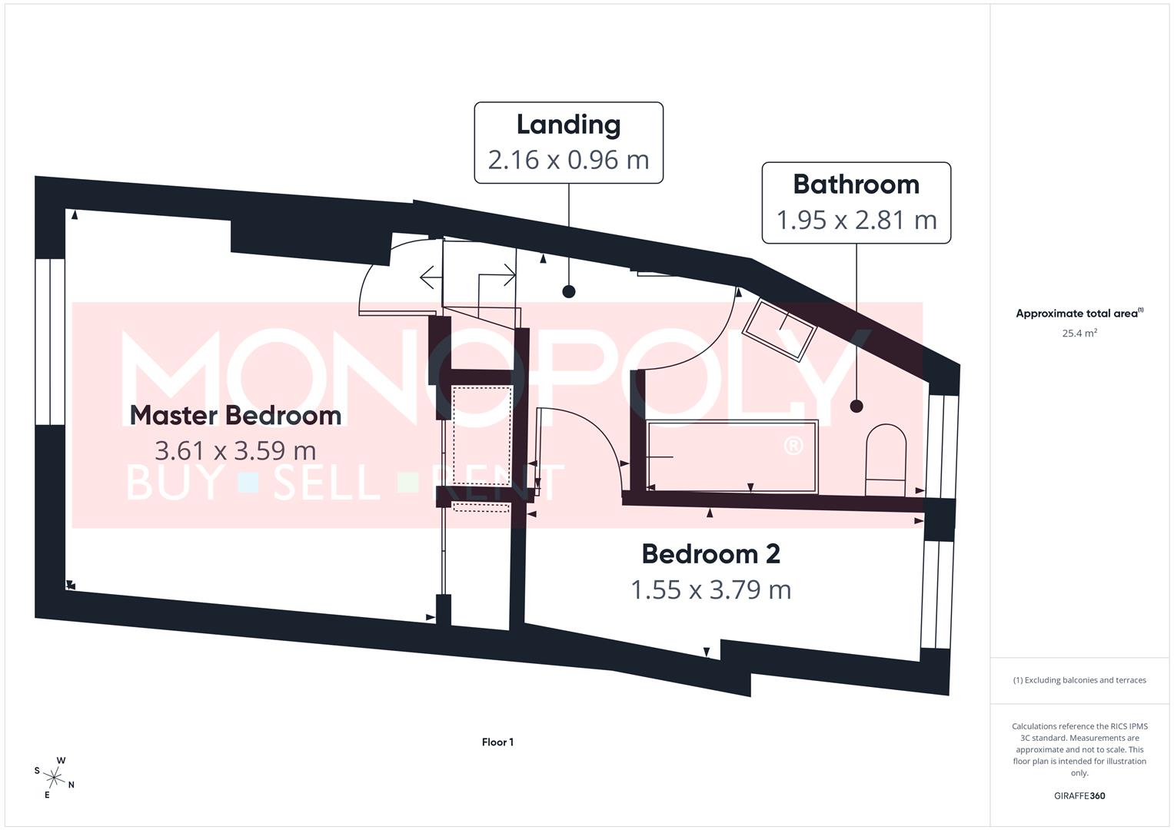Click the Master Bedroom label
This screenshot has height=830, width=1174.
click(x=235, y=415)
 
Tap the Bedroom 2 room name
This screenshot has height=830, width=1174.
click(x=710, y=553)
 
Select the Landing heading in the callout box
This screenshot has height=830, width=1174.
click(x=568, y=124)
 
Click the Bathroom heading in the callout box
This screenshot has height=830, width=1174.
click(x=856, y=184)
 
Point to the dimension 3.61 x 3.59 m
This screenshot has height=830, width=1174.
click(x=235, y=450)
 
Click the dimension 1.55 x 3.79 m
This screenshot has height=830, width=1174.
click(x=710, y=589)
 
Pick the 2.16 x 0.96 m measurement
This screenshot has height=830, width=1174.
click(x=568, y=160)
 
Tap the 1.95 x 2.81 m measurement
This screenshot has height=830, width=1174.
click(x=856, y=220)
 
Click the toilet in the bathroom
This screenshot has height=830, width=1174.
click(x=886, y=460)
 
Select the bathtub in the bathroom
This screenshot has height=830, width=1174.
click(x=732, y=456)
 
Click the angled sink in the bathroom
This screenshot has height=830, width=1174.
click(x=779, y=329)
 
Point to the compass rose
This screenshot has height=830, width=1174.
click(x=54, y=776)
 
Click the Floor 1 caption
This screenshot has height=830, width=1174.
click(x=497, y=742)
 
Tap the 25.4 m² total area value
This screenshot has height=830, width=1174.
click(x=1079, y=334)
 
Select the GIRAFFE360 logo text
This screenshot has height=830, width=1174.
click(x=1079, y=796)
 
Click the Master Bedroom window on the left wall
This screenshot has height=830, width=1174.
click(x=49, y=342)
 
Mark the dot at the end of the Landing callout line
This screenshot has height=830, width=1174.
click(x=568, y=291)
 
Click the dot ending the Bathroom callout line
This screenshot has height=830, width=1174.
click(x=856, y=406)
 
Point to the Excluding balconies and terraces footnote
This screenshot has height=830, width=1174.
click(x=1079, y=680)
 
